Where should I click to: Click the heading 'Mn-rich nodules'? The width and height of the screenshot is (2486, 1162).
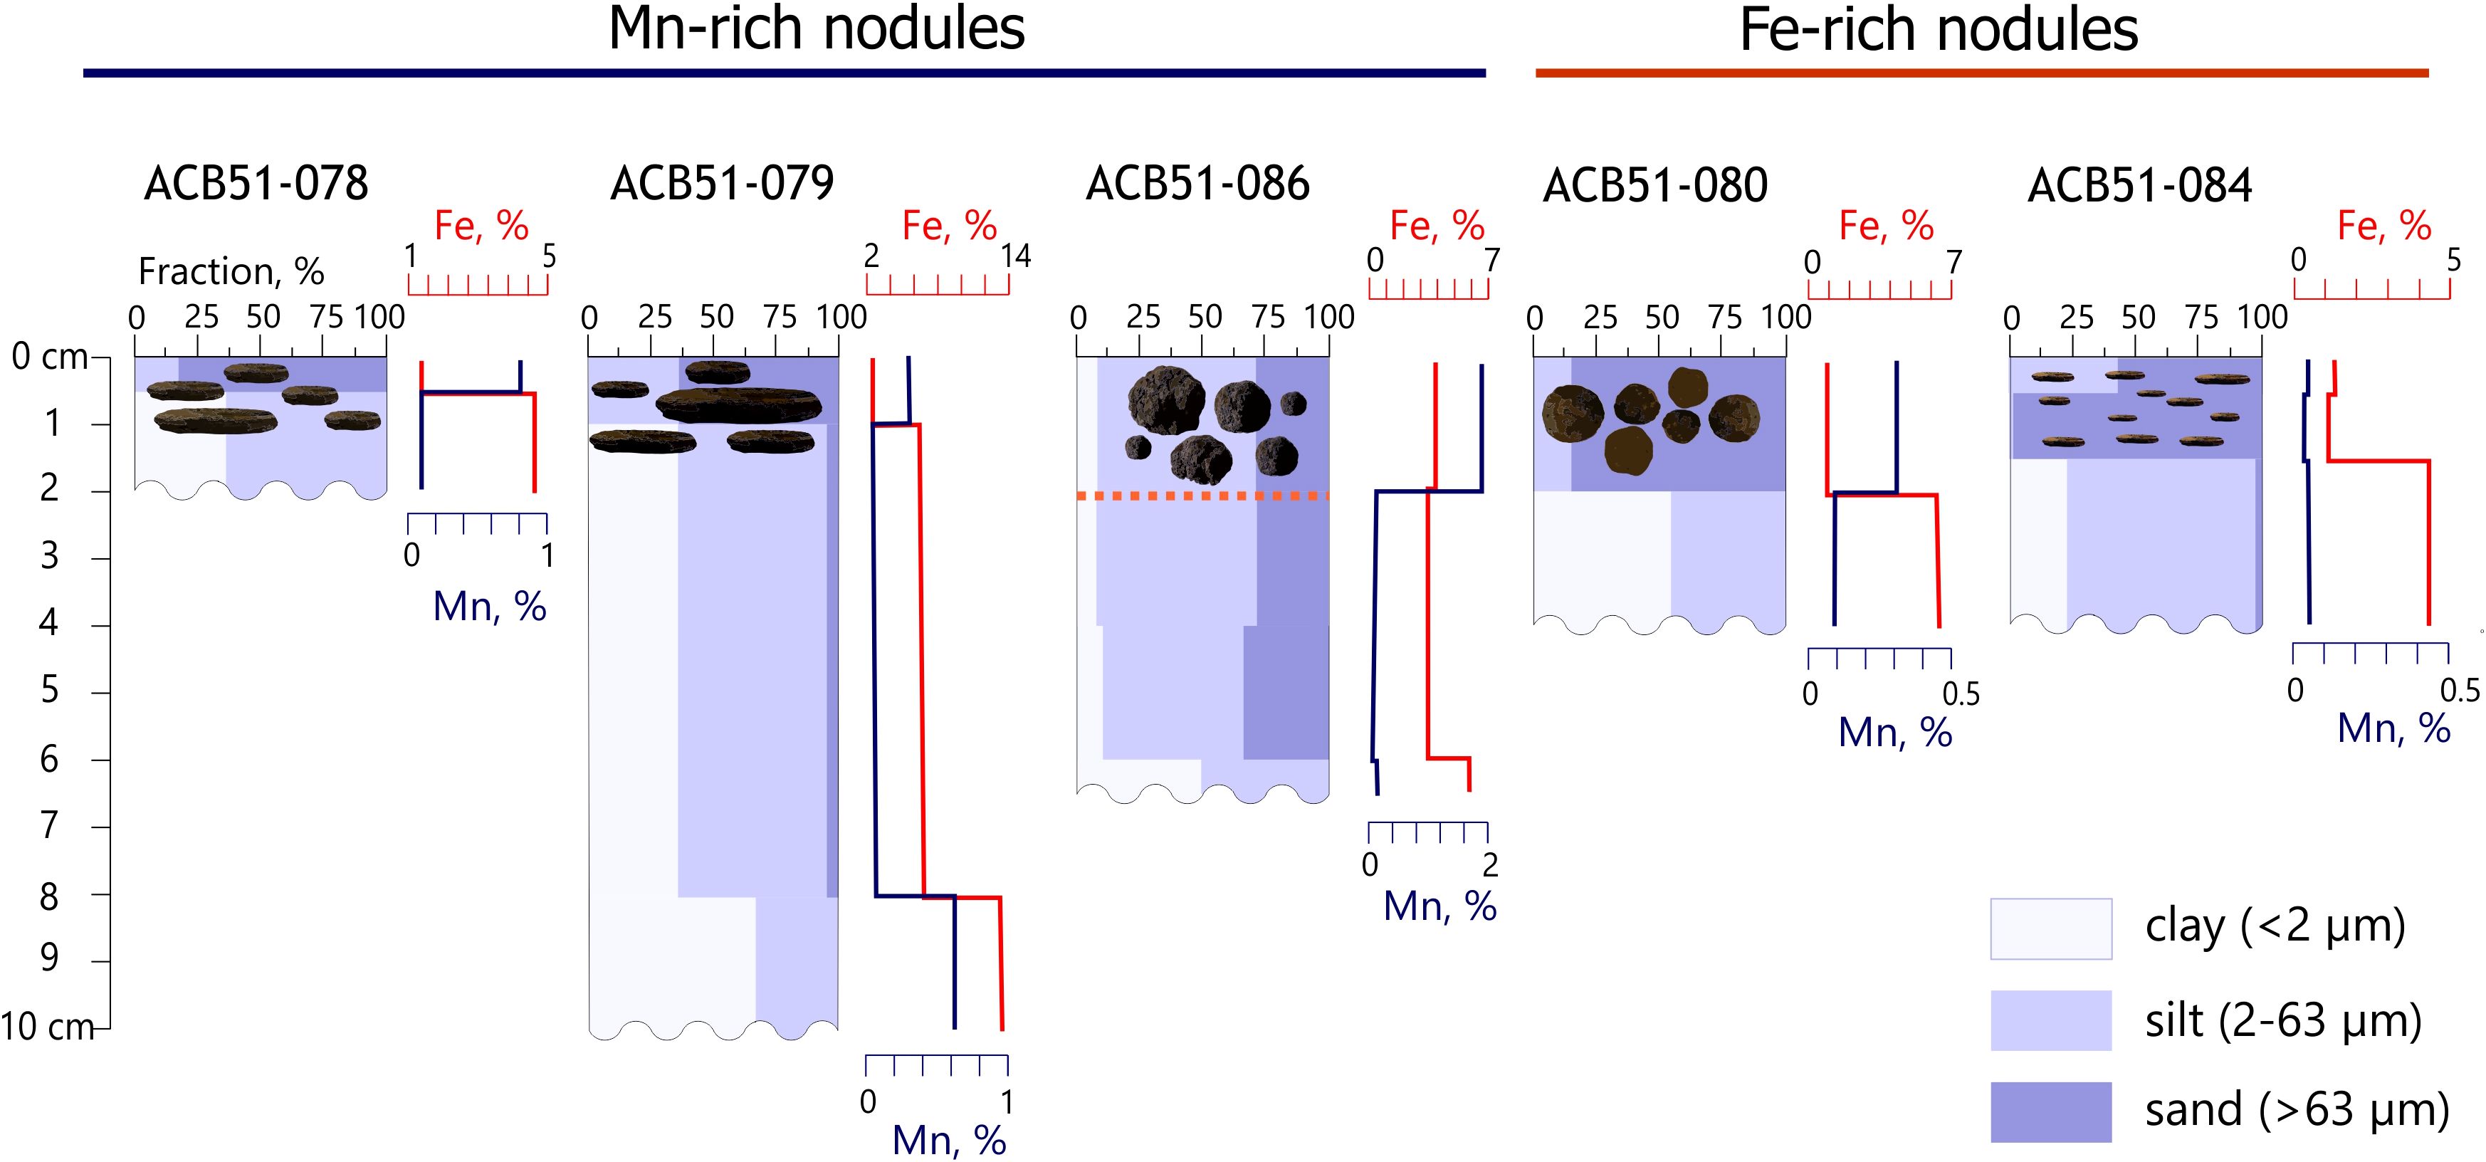[817, 29]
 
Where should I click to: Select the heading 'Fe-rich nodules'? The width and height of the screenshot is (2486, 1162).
[1938, 30]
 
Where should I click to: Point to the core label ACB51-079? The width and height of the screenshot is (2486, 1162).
[722, 184]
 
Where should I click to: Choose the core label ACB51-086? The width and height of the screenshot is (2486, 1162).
[1197, 184]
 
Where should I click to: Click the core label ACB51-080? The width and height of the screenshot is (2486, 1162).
[1655, 185]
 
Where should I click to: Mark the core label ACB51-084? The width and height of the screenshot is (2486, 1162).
[2139, 185]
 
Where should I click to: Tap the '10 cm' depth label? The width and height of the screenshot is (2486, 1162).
[46, 1027]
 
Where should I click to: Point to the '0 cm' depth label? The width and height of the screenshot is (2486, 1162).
[50, 357]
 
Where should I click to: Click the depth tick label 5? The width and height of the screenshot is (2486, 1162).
[48, 691]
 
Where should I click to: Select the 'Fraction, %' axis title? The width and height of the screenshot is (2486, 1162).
[231, 271]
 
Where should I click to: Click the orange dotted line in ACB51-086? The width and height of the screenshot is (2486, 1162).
[1202, 496]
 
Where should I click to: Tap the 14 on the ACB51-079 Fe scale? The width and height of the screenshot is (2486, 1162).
[1015, 256]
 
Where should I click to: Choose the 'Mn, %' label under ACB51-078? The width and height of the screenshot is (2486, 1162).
[489, 607]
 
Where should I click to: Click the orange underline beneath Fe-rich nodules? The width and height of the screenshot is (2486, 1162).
[1981, 73]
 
